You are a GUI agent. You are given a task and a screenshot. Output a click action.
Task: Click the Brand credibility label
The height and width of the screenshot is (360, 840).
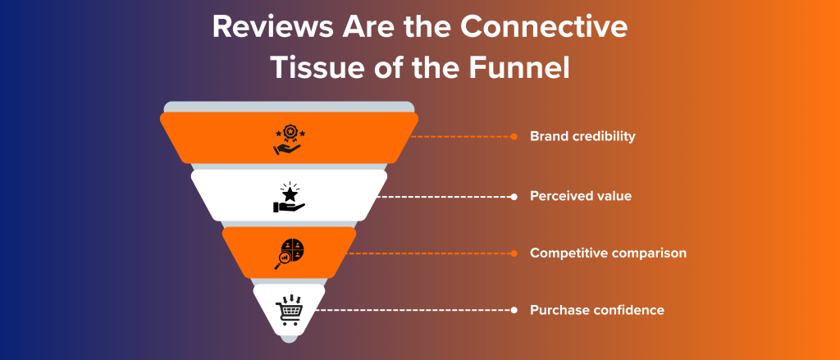582,136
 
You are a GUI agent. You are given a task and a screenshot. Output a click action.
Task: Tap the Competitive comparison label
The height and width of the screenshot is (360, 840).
608,253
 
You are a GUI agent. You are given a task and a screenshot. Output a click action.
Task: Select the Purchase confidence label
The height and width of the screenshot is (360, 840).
597,310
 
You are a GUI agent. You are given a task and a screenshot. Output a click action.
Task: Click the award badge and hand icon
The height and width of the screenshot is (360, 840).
288,139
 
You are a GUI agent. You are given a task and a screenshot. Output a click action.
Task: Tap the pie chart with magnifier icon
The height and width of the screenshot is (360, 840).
289,253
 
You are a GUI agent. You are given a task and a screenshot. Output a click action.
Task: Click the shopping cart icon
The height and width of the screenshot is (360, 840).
289,309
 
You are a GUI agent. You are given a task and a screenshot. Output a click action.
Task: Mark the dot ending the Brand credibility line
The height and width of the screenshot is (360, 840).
514,136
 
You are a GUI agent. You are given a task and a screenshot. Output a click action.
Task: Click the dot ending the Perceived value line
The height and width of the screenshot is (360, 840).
514,196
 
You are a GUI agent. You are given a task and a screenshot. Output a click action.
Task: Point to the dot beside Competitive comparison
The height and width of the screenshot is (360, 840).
514,253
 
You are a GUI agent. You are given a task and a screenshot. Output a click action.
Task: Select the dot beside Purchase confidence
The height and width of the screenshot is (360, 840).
514,310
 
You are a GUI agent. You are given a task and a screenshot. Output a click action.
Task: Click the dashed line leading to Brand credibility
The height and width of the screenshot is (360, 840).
459,136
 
